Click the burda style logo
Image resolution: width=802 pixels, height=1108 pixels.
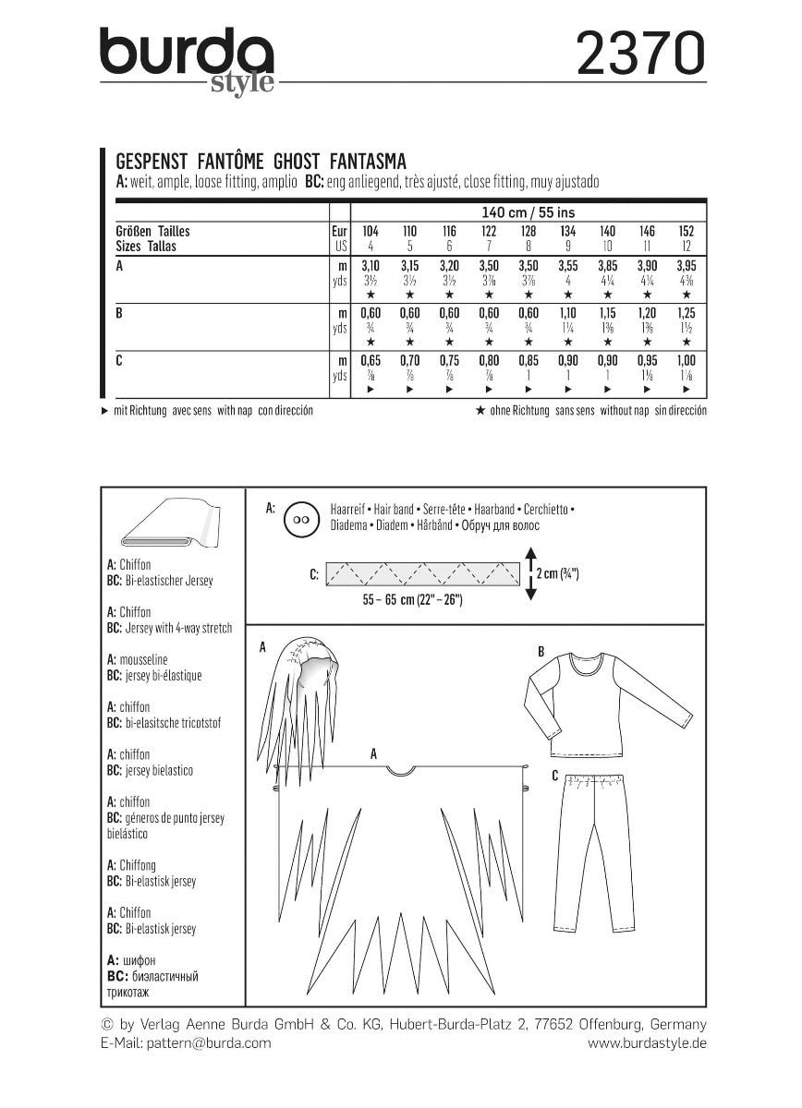[188, 57]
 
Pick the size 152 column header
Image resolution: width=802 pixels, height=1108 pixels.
[686, 230]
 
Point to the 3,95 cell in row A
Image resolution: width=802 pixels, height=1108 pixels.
[686, 265]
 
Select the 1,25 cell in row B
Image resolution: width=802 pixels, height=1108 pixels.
[686, 314]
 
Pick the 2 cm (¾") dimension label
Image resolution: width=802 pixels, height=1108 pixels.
[557, 573]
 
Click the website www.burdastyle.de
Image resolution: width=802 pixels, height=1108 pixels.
[647, 1042]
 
